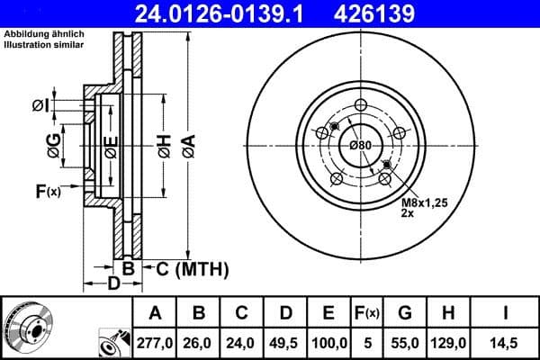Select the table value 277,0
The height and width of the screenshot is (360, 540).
(155, 343)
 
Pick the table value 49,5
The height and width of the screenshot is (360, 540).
(285, 343)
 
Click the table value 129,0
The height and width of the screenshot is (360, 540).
(448, 343)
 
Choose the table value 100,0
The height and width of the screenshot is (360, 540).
(328, 343)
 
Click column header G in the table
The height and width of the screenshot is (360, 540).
(405, 313)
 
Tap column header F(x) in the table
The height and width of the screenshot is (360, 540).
(368, 313)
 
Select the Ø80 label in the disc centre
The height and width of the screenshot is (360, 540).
(361, 146)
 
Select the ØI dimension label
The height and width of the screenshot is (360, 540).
(39, 106)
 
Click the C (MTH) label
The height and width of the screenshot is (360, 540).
(193, 268)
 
